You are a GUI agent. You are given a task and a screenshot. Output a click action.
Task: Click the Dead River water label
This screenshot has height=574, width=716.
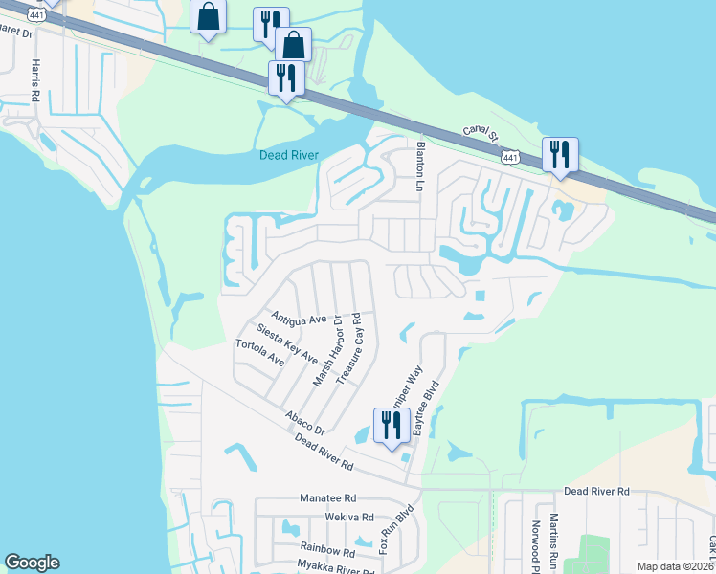288,155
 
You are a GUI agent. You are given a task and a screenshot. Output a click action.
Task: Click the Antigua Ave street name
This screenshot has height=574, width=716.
299,318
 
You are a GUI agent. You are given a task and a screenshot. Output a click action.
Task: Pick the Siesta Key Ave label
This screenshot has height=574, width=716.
286,342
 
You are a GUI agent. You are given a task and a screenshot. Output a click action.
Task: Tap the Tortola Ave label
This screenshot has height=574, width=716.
260,353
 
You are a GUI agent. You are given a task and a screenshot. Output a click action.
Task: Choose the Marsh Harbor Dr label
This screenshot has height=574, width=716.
327,351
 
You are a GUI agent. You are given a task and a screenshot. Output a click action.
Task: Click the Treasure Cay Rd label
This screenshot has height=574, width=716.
347,342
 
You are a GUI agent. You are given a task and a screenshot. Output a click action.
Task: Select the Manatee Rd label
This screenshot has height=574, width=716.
327,498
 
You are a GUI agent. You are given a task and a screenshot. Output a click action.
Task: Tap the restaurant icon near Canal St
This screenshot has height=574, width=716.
559,154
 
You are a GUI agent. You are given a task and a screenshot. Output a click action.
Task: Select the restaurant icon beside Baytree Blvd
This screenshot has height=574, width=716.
390,424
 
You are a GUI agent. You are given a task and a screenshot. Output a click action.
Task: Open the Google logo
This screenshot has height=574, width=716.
32,563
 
